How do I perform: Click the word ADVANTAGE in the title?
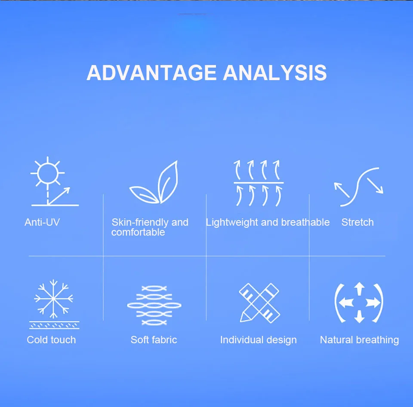[151, 72]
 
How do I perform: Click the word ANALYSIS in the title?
[275, 72]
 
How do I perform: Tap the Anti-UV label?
[42, 222]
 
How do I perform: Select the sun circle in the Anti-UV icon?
[48, 173]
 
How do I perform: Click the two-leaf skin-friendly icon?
[154, 182]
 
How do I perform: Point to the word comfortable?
[138, 232]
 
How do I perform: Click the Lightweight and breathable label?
[268, 223]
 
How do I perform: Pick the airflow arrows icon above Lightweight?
[259, 183]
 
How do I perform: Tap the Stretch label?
[358, 222]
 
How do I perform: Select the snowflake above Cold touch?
[53, 299]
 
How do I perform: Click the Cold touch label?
[51, 340]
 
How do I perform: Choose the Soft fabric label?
[154, 340]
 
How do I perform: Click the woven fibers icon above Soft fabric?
[154, 305]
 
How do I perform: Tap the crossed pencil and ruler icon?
[259, 303]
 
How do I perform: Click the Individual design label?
[259, 340]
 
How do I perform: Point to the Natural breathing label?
[359, 340]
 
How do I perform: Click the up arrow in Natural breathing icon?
[359, 289]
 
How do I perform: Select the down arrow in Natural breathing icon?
[359, 317]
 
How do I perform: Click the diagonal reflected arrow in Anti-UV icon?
[59, 196]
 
